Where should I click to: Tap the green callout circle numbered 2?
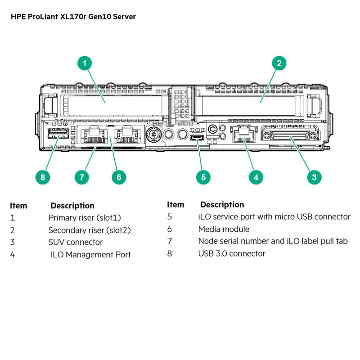click(279, 63)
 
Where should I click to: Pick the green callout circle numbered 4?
click(256, 177)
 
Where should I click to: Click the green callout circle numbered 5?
click(203, 177)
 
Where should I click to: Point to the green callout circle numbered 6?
click(119, 177)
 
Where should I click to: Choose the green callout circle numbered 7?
click(81, 177)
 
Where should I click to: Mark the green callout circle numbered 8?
click(43, 177)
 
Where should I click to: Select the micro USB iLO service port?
click(197, 137)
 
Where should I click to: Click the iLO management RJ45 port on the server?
click(242, 134)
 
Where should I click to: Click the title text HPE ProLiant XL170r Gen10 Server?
click(72, 16)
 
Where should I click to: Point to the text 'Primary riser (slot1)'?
click(85, 218)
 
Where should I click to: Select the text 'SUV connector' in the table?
click(76, 242)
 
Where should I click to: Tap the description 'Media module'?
click(224, 229)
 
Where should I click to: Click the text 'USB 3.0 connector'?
click(232, 253)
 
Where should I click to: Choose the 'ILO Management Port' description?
click(90, 255)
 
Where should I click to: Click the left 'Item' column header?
click(18, 206)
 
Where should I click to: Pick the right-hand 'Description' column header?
click(222, 205)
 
